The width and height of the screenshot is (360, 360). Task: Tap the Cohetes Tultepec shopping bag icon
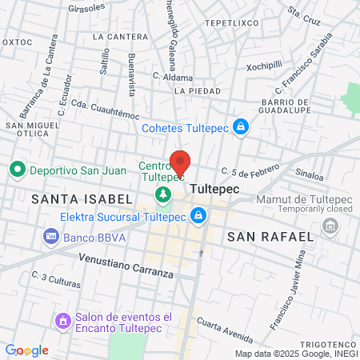pos(241,127)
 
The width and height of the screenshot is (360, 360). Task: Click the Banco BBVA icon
pos(50,236)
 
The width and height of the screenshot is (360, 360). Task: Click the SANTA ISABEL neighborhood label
pos(66,197)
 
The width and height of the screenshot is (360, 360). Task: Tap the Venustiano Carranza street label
pos(126,266)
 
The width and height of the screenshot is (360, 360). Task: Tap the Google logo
pos(26,350)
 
